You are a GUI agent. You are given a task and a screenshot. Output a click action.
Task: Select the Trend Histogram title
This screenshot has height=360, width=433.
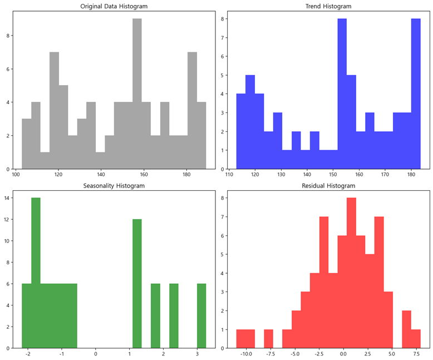tap(328, 6)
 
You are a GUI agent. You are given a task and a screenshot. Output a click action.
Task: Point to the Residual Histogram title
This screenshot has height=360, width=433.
tap(328, 185)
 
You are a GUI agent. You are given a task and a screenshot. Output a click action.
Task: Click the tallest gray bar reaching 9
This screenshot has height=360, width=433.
tap(137, 95)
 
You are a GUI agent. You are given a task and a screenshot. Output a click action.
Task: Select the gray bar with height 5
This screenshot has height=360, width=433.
tap(63, 127)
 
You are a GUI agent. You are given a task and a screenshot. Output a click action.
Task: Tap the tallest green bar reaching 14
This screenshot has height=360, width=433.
tap(36, 273)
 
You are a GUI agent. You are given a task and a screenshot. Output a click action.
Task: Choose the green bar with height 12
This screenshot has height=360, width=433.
tap(137, 284)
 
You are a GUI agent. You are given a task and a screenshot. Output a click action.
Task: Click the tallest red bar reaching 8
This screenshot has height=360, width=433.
tap(351, 273)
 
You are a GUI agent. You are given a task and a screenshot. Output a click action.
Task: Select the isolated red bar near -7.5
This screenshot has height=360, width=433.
tap(268, 339)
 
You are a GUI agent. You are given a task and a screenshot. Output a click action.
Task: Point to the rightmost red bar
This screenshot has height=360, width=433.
tap(416, 339)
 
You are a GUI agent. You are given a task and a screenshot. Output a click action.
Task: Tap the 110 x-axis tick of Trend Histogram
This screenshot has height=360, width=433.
tap(229, 174)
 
